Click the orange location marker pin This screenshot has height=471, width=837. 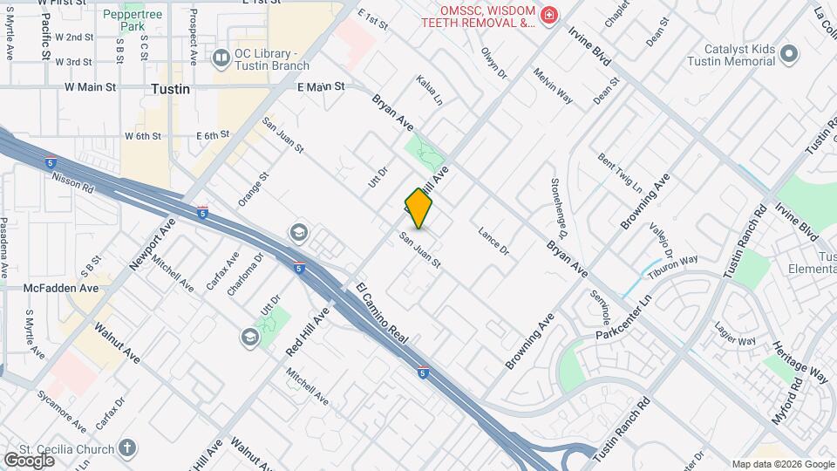tap(418, 208)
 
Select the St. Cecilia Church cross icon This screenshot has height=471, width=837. tap(128, 449)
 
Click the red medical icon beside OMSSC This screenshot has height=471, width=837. tap(548, 15)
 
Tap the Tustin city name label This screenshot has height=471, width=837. tap(170, 89)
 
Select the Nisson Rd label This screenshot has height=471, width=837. tap(72, 181)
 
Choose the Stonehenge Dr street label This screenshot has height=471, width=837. tap(559, 208)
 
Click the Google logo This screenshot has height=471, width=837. tap(29, 460)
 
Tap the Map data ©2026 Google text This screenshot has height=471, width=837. tap(782, 464)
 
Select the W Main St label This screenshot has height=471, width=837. tap(90, 87)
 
